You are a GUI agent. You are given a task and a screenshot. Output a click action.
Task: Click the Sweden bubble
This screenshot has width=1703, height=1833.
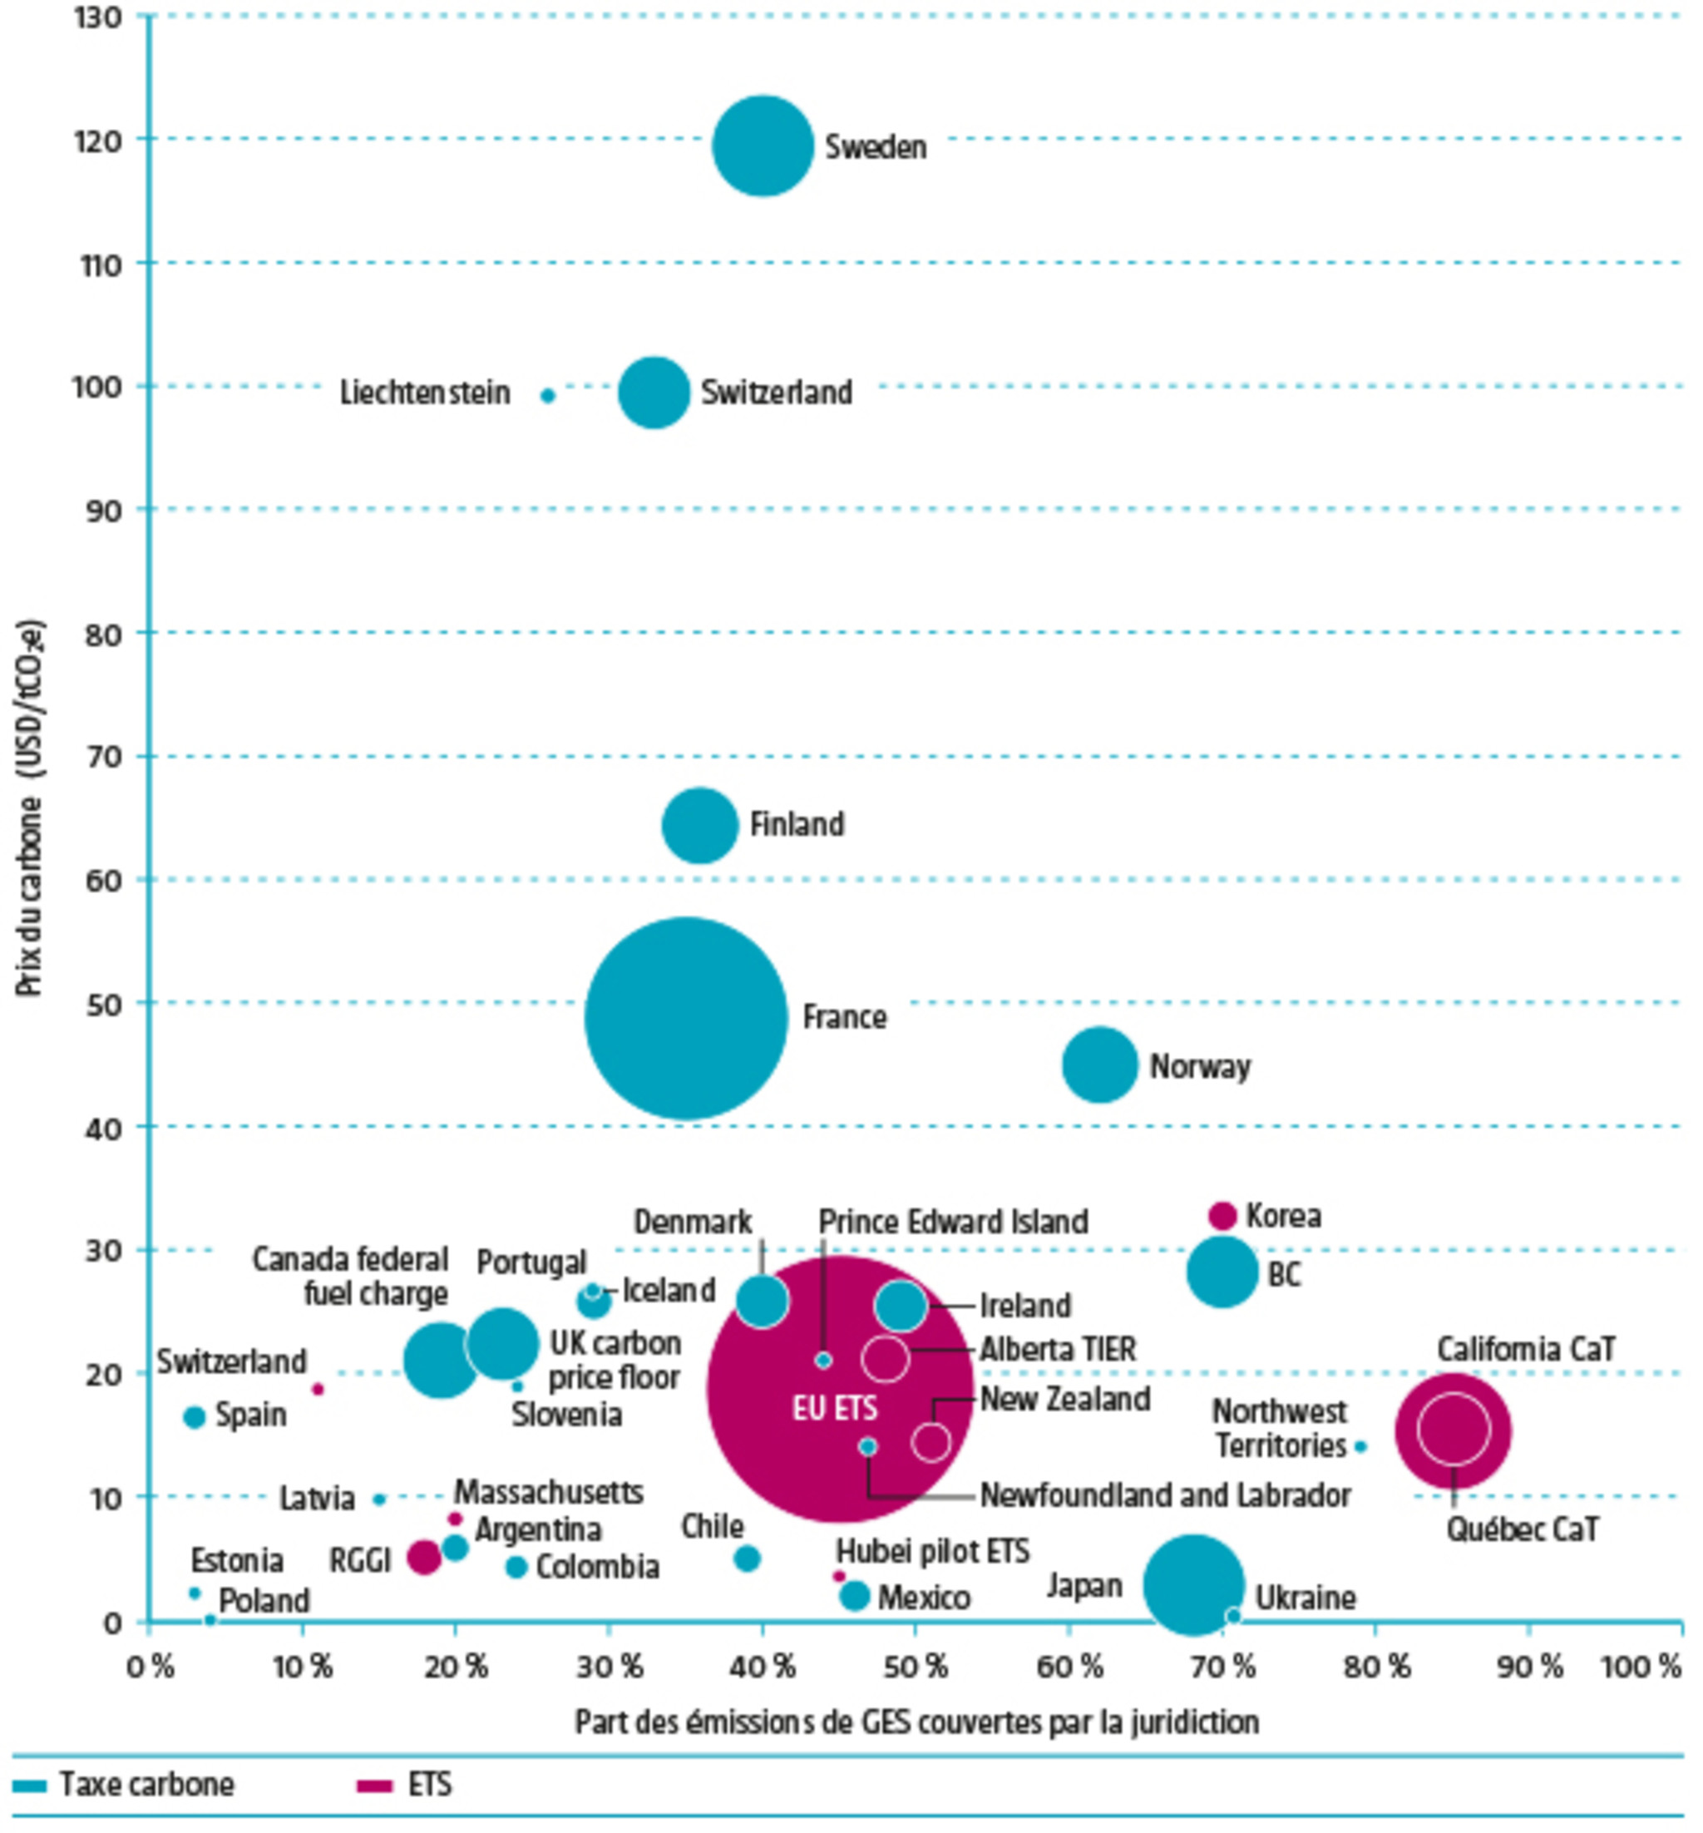coord(763,146)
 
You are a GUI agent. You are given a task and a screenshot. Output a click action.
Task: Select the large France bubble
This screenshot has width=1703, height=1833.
coord(686,1018)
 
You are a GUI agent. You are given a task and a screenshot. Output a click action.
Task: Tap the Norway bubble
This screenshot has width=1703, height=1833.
coord(1100,1065)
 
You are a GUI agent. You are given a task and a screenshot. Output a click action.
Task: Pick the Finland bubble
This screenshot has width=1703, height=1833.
coord(700,825)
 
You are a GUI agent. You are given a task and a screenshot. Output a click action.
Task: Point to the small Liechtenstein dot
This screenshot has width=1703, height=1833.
coord(547,395)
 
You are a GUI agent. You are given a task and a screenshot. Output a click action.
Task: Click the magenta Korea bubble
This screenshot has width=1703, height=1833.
coord(1222,1216)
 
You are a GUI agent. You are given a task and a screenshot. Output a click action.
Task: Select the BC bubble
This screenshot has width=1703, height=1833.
coord(1223,1272)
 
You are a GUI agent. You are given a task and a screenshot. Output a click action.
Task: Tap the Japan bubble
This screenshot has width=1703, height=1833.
coord(1193,1585)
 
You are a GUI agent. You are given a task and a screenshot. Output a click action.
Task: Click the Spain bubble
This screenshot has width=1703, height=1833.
coord(194,1416)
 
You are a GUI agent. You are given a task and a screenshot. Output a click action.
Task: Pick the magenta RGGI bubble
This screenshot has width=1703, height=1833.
coord(424,1558)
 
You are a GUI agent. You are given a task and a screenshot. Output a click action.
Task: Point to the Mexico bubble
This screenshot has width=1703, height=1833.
coord(854,1595)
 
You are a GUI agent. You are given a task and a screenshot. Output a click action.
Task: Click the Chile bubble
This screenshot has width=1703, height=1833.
coord(748,1559)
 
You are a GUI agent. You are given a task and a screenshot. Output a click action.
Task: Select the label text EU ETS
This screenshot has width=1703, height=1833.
coord(835,1408)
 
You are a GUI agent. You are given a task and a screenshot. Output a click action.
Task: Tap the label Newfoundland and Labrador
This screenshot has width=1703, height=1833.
coord(1165,1495)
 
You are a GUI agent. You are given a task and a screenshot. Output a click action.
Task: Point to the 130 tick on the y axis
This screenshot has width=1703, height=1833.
coord(97,17)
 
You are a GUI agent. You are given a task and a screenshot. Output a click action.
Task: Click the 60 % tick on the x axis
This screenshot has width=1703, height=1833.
coord(1069,1666)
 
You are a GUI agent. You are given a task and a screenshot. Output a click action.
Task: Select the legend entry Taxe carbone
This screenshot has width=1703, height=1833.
coord(146,1784)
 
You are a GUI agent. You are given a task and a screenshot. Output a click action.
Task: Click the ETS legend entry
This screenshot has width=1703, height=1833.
coord(428,1784)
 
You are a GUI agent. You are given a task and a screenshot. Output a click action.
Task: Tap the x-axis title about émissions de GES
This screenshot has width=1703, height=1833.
coord(916,1722)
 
